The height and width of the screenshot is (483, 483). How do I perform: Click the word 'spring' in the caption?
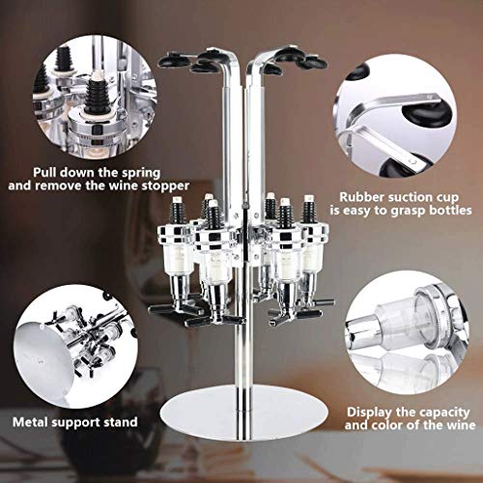click(141, 174)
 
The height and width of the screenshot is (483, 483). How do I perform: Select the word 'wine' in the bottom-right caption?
click(461, 425)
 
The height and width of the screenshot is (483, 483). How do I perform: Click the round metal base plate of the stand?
click(244, 413)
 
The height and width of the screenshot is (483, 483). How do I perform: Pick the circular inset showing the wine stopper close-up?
click(94, 97)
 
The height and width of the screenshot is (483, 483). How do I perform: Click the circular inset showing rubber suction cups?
click(395, 116)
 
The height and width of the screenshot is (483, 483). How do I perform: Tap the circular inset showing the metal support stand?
click(75, 347)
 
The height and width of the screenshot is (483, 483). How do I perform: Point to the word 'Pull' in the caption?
click(44, 172)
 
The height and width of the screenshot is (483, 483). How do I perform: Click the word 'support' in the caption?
click(77, 423)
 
